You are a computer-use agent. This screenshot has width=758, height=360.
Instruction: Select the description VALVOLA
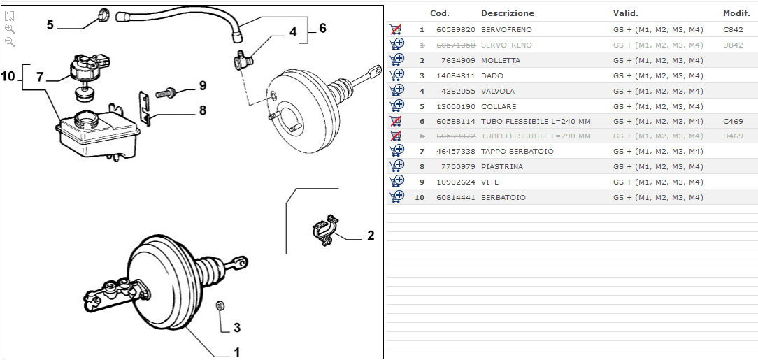[x=497, y=91]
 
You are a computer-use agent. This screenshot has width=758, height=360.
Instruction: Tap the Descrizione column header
[x=507, y=13]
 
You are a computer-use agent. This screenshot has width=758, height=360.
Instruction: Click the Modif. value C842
[x=733, y=29]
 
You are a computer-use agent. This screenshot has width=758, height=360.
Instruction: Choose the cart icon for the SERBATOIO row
[x=396, y=197]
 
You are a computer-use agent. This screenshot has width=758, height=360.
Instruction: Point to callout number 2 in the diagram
[x=370, y=236]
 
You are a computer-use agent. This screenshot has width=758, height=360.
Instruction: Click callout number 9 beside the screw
[x=202, y=86]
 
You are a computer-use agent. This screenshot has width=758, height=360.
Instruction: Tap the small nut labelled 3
[x=220, y=305]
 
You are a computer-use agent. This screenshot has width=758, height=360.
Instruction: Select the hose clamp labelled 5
[x=103, y=14]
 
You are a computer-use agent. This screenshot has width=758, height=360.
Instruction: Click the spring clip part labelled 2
[x=324, y=229]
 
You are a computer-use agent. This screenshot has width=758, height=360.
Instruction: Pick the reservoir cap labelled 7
[x=84, y=64]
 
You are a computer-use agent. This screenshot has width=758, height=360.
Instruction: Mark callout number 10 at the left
[x=9, y=76]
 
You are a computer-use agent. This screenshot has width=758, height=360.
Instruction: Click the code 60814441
[x=455, y=197]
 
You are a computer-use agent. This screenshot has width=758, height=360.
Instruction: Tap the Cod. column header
[x=439, y=13]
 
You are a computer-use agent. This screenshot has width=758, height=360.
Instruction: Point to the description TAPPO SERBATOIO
[x=517, y=151]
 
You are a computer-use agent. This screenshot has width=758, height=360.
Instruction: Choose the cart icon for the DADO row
[x=396, y=75]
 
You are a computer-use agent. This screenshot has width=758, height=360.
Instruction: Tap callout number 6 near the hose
[x=322, y=29]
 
